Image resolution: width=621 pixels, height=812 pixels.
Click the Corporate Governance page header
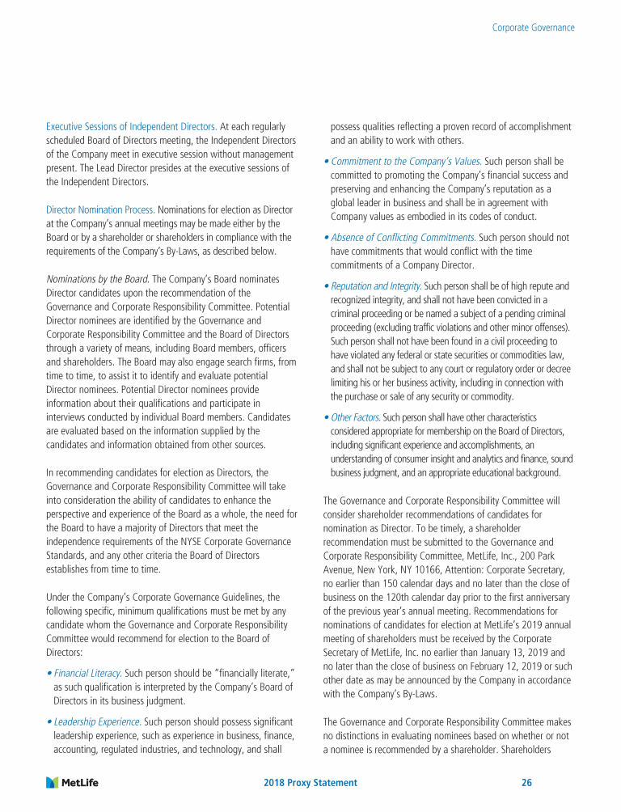(534, 27)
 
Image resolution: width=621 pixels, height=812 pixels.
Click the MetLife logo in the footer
(78, 783)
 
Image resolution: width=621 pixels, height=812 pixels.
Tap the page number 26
(526, 783)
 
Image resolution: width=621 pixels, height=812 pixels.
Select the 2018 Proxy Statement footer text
(310, 783)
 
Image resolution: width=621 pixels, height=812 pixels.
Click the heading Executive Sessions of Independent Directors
(131, 127)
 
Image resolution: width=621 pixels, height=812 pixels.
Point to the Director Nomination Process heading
(101, 209)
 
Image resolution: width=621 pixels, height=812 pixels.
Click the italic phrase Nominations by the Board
(97, 278)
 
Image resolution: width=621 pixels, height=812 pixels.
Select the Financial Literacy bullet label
(88, 673)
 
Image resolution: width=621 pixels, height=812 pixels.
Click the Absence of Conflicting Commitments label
(403, 238)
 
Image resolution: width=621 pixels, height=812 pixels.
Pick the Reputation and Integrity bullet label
(376, 286)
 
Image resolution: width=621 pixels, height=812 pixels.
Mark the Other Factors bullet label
(355, 417)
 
